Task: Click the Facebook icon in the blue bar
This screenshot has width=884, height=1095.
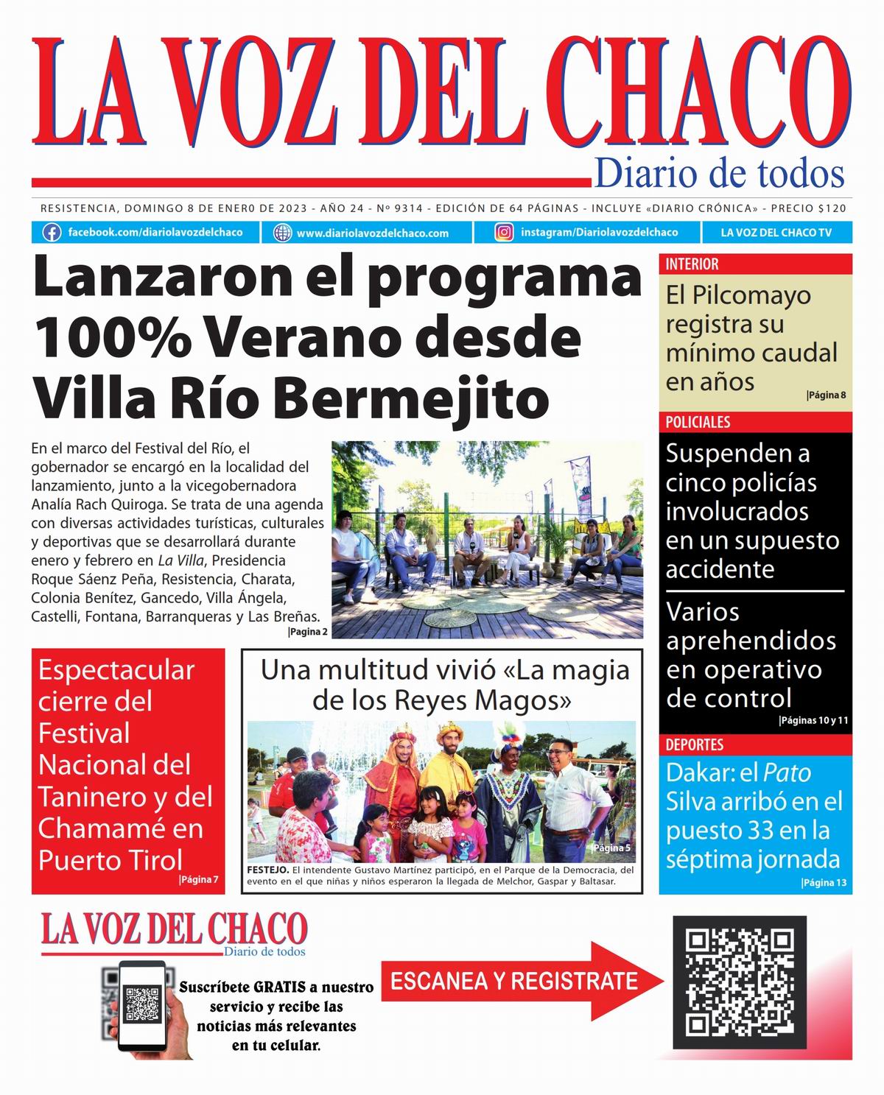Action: (x=52, y=233)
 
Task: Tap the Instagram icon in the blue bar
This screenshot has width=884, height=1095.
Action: (x=504, y=233)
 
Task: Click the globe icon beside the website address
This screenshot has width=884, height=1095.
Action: (x=282, y=233)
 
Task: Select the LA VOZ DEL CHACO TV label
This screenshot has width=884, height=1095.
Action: (x=776, y=233)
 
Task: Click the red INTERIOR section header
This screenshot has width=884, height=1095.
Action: (x=692, y=264)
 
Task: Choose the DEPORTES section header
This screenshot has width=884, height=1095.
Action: (x=695, y=744)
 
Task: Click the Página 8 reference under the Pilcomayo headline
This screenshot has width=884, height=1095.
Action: (x=826, y=395)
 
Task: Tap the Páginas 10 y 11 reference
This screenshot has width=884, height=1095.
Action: (x=813, y=720)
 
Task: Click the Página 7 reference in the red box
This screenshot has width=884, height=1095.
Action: (x=199, y=879)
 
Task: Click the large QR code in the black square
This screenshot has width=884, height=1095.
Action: (x=740, y=982)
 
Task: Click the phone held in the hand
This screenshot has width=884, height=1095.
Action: (x=142, y=1004)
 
